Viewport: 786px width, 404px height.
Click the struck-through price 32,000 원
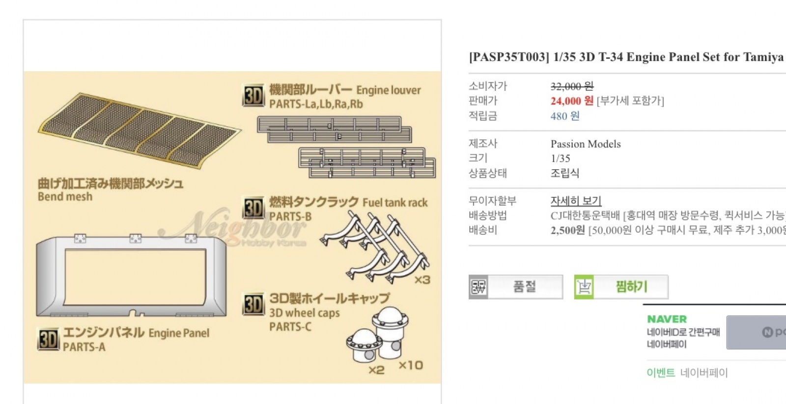(572, 86)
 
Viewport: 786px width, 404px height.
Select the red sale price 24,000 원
(572, 101)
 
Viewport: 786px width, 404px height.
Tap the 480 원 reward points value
(565, 116)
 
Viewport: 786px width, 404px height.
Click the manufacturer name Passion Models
(586, 144)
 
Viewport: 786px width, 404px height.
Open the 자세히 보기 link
(576, 201)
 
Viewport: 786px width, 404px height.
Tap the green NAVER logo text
(667, 319)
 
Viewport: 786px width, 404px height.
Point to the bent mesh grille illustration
(139, 130)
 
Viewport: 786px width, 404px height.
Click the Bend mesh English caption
(65, 197)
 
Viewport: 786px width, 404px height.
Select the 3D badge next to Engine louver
(253, 95)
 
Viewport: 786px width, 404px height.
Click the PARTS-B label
(290, 216)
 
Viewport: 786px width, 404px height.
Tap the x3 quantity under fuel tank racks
(422, 280)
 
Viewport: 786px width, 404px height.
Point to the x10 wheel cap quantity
(411, 365)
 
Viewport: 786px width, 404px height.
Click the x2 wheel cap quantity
(376, 370)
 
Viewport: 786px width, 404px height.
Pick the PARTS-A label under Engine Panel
(84, 347)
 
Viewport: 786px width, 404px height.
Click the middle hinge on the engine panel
(136, 239)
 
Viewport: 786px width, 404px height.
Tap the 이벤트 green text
(661, 373)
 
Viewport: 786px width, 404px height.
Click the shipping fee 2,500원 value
(567, 230)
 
